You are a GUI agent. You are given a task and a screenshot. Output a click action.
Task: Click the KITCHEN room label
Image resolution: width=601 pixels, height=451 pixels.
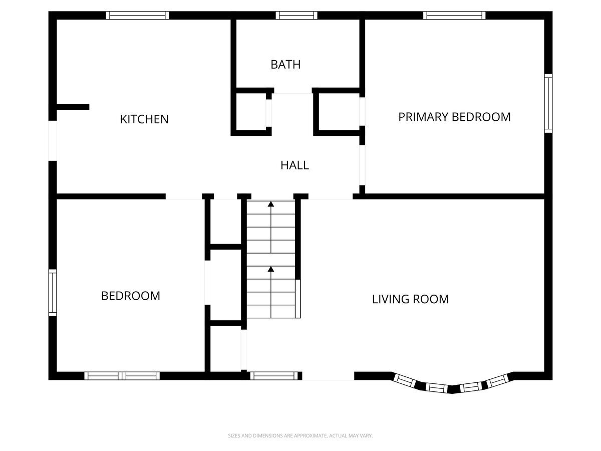click(144, 119)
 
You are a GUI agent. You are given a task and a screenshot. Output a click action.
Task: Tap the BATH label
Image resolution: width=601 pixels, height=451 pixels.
click(285, 65)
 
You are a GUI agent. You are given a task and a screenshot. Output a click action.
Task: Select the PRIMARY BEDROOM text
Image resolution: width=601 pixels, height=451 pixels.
click(454, 117)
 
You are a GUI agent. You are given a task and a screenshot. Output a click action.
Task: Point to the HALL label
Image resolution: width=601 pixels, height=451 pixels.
click(294, 165)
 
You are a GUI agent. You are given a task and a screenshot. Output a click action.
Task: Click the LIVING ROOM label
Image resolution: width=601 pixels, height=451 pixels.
click(410, 299)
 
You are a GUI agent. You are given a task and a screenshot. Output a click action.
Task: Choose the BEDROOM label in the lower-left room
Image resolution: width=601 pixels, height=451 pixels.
click(131, 296)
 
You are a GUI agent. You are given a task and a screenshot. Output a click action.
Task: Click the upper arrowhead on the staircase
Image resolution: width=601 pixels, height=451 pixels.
click(271, 204)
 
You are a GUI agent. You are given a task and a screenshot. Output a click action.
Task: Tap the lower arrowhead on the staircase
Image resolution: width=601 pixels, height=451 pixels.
click(271, 269)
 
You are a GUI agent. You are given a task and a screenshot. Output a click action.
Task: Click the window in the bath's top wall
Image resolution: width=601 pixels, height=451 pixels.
click(296, 16)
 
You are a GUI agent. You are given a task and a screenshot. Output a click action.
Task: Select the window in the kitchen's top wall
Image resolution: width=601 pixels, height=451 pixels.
click(137, 16)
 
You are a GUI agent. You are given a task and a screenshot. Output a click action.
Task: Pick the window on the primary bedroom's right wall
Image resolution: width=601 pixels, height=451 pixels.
click(548, 103)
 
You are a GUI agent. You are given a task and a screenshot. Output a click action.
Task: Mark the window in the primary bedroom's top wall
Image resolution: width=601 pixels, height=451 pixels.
click(454, 16)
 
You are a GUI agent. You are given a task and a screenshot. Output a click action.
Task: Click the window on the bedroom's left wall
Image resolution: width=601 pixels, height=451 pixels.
click(53, 293)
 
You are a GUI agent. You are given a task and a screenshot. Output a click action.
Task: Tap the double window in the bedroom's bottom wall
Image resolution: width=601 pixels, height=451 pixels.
click(122, 376)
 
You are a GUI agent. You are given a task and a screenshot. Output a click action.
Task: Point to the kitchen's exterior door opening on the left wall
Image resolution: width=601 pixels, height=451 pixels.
click(53, 141)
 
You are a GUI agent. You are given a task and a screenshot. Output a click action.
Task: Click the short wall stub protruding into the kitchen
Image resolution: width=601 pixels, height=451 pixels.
click(73, 107)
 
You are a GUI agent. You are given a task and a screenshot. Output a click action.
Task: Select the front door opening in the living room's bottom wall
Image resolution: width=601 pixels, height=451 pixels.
click(328, 376)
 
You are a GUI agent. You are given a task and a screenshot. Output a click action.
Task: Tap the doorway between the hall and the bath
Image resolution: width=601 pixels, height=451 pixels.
click(292, 91)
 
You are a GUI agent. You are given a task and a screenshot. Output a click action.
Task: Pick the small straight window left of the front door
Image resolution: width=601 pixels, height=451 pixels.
click(274, 376)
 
